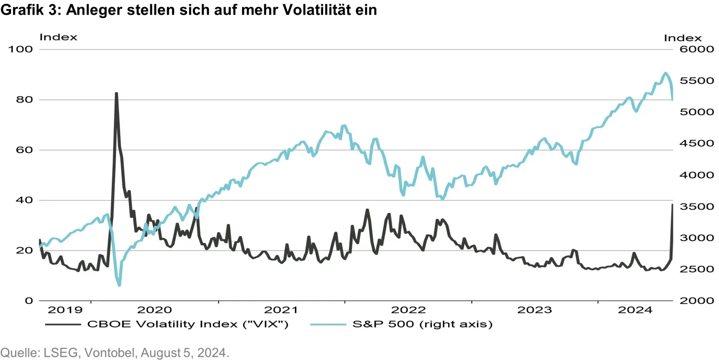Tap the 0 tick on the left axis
tap(29, 301)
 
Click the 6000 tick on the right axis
tap(687, 49)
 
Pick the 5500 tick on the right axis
tap(687, 81)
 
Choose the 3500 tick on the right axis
tap(687, 207)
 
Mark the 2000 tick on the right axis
tap(687, 301)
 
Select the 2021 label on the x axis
tap(281, 310)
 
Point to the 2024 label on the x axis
tap(635, 310)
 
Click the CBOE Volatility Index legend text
tap(187, 325)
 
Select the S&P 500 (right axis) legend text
tap(422, 325)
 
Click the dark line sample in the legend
tap(63, 325)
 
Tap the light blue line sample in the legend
tap(328, 325)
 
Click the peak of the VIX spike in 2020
tap(116, 93)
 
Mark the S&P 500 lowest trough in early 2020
tap(119, 285)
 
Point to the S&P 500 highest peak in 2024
tap(665, 73)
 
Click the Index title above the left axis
tap(58, 37)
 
